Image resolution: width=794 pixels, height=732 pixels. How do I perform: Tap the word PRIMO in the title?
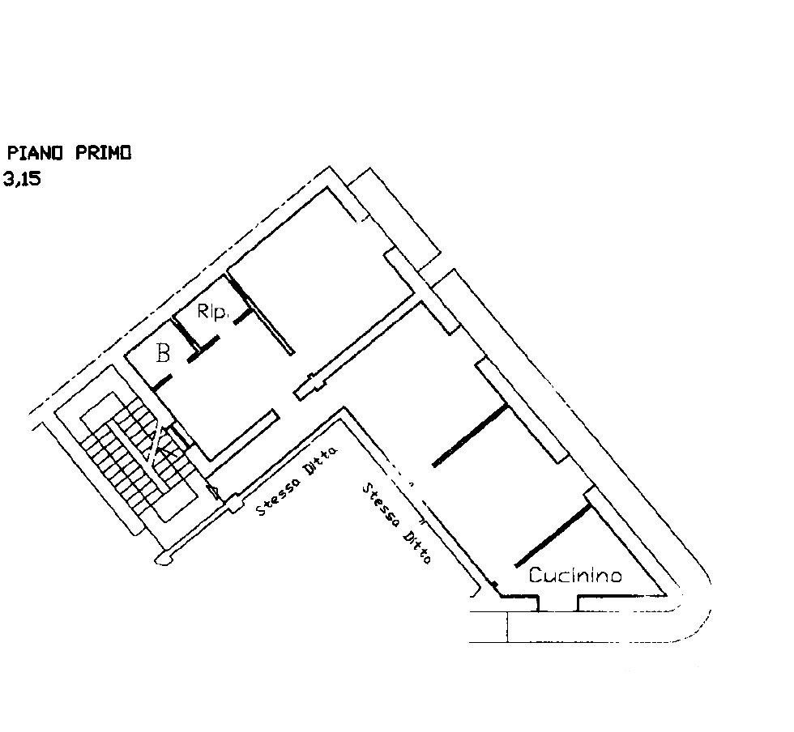coord(104,152)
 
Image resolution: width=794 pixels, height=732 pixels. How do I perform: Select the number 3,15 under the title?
coord(22,179)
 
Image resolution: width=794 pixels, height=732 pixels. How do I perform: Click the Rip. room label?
coord(211,311)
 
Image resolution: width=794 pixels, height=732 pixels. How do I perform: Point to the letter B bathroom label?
coord(163,353)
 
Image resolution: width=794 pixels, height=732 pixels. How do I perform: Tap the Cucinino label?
coord(575,575)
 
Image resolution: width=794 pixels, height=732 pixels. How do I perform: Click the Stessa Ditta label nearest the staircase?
coord(297,481)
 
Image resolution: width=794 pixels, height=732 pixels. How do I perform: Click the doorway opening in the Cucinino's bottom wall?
coord(558,604)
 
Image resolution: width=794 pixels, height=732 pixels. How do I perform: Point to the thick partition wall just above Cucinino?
coord(553,534)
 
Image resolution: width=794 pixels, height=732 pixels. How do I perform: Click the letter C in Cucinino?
coord(536,575)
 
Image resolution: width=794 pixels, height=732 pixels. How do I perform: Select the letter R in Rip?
coord(203,310)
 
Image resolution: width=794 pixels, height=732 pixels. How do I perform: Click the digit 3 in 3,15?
coord(10,179)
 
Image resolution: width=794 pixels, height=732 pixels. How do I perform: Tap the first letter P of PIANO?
coord(13,152)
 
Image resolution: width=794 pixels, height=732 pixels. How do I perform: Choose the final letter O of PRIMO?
coord(126,152)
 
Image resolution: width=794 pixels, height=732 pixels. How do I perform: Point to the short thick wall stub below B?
coord(162,381)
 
